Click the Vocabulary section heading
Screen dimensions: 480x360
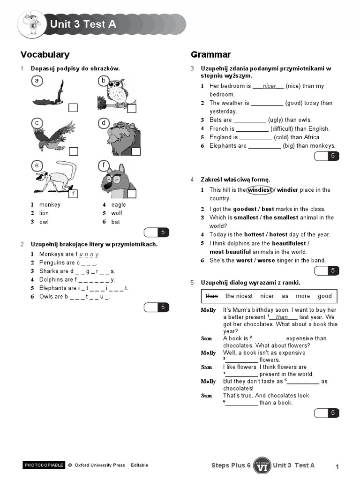[x=45, y=54]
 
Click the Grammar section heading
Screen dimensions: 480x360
[x=210, y=54]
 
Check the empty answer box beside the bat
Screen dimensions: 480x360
[x=73, y=108]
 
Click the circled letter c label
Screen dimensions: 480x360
[x=36, y=123]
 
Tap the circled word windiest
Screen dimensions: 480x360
[x=260, y=190]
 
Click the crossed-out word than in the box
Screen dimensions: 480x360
[x=212, y=296]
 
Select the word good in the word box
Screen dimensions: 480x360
[x=324, y=296]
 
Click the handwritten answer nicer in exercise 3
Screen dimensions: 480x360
[x=269, y=86]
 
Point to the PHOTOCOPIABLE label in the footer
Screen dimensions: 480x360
[x=44, y=465]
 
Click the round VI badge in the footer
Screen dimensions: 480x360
[x=262, y=465]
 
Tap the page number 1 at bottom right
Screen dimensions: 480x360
[x=337, y=466]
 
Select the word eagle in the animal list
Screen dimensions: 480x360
[x=118, y=205]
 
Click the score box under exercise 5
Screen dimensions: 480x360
[x=327, y=413]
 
